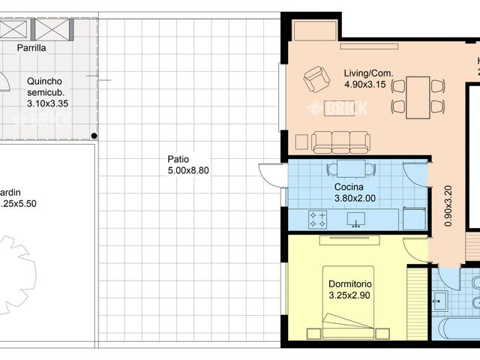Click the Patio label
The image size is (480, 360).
[178, 159]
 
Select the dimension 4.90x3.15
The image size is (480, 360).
[365, 85]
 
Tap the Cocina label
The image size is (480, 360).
[349, 187]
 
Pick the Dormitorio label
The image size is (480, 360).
[350, 285]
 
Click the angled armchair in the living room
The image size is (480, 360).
[316, 79]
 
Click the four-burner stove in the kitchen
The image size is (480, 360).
[317, 220]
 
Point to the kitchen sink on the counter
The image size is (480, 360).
[356, 219]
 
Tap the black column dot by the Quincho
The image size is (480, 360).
[94, 136]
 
